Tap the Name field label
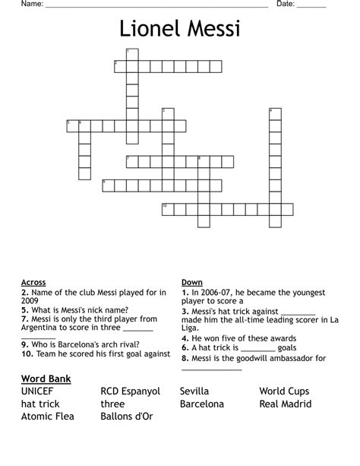[31, 5]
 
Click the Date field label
[285, 5]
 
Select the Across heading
[33, 282]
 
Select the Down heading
[192, 282]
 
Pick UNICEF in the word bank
[38, 392]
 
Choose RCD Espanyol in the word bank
[131, 392]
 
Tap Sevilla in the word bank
[194, 392]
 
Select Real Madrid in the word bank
[286, 404]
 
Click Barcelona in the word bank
[202, 404]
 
